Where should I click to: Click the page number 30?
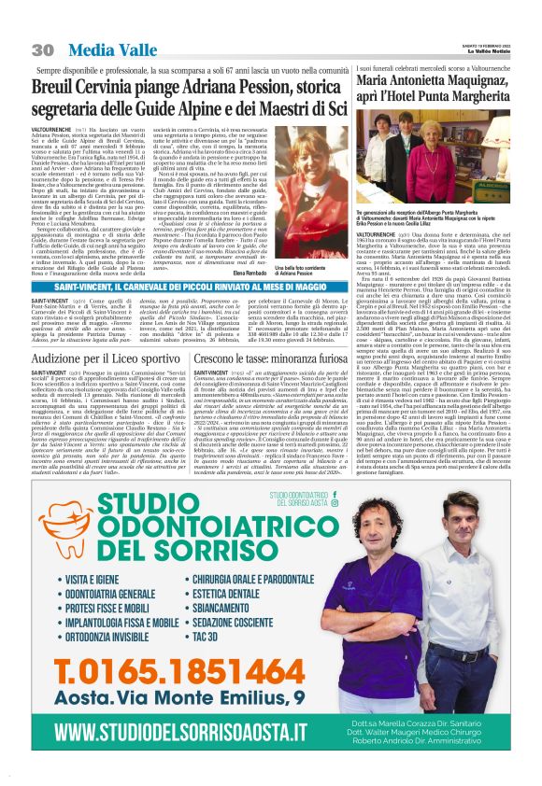coord(42,49)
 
